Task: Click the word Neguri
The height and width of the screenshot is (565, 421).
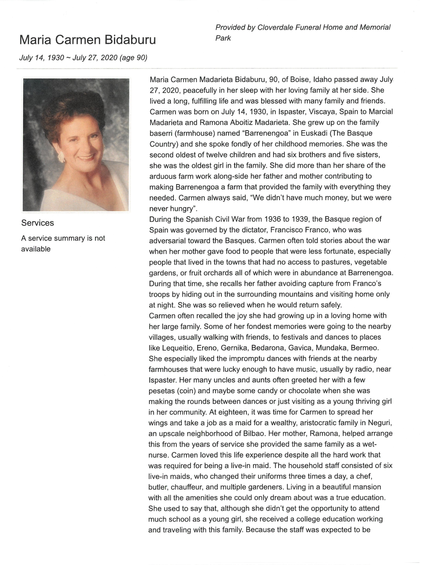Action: (x=379, y=423)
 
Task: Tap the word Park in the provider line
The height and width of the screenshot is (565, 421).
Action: (x=223, y=38)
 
